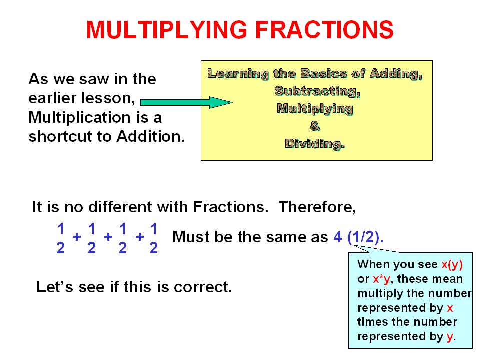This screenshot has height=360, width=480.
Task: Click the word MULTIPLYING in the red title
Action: coord(167,30)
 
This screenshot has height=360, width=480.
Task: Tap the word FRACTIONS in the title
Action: coord(324,30)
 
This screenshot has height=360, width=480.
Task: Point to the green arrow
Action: coord(186,102)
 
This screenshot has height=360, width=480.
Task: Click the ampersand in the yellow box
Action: coord(315,126)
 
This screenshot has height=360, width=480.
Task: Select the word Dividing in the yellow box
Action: coord(315,144)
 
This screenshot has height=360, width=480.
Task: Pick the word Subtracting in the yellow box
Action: coord(317,91)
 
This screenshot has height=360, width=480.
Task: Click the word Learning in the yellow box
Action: coord(238,74)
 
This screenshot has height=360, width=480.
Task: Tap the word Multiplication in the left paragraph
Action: coord(79,117)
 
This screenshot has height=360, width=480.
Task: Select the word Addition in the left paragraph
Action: coord(150,136)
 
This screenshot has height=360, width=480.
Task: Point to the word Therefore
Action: coord(317,207)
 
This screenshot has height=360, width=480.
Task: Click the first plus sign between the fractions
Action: coord(77,236)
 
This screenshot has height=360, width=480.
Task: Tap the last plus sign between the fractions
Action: coord(140,236)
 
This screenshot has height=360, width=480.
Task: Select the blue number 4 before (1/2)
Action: coord(338,237)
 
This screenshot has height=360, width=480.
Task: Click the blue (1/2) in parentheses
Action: coord(365,237)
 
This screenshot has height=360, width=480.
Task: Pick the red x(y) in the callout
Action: coord(452,264)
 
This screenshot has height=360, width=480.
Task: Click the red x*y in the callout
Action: coord(382,279)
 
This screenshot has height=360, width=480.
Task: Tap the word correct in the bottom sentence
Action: coord(203,287)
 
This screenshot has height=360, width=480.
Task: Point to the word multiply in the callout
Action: coord(376,293)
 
